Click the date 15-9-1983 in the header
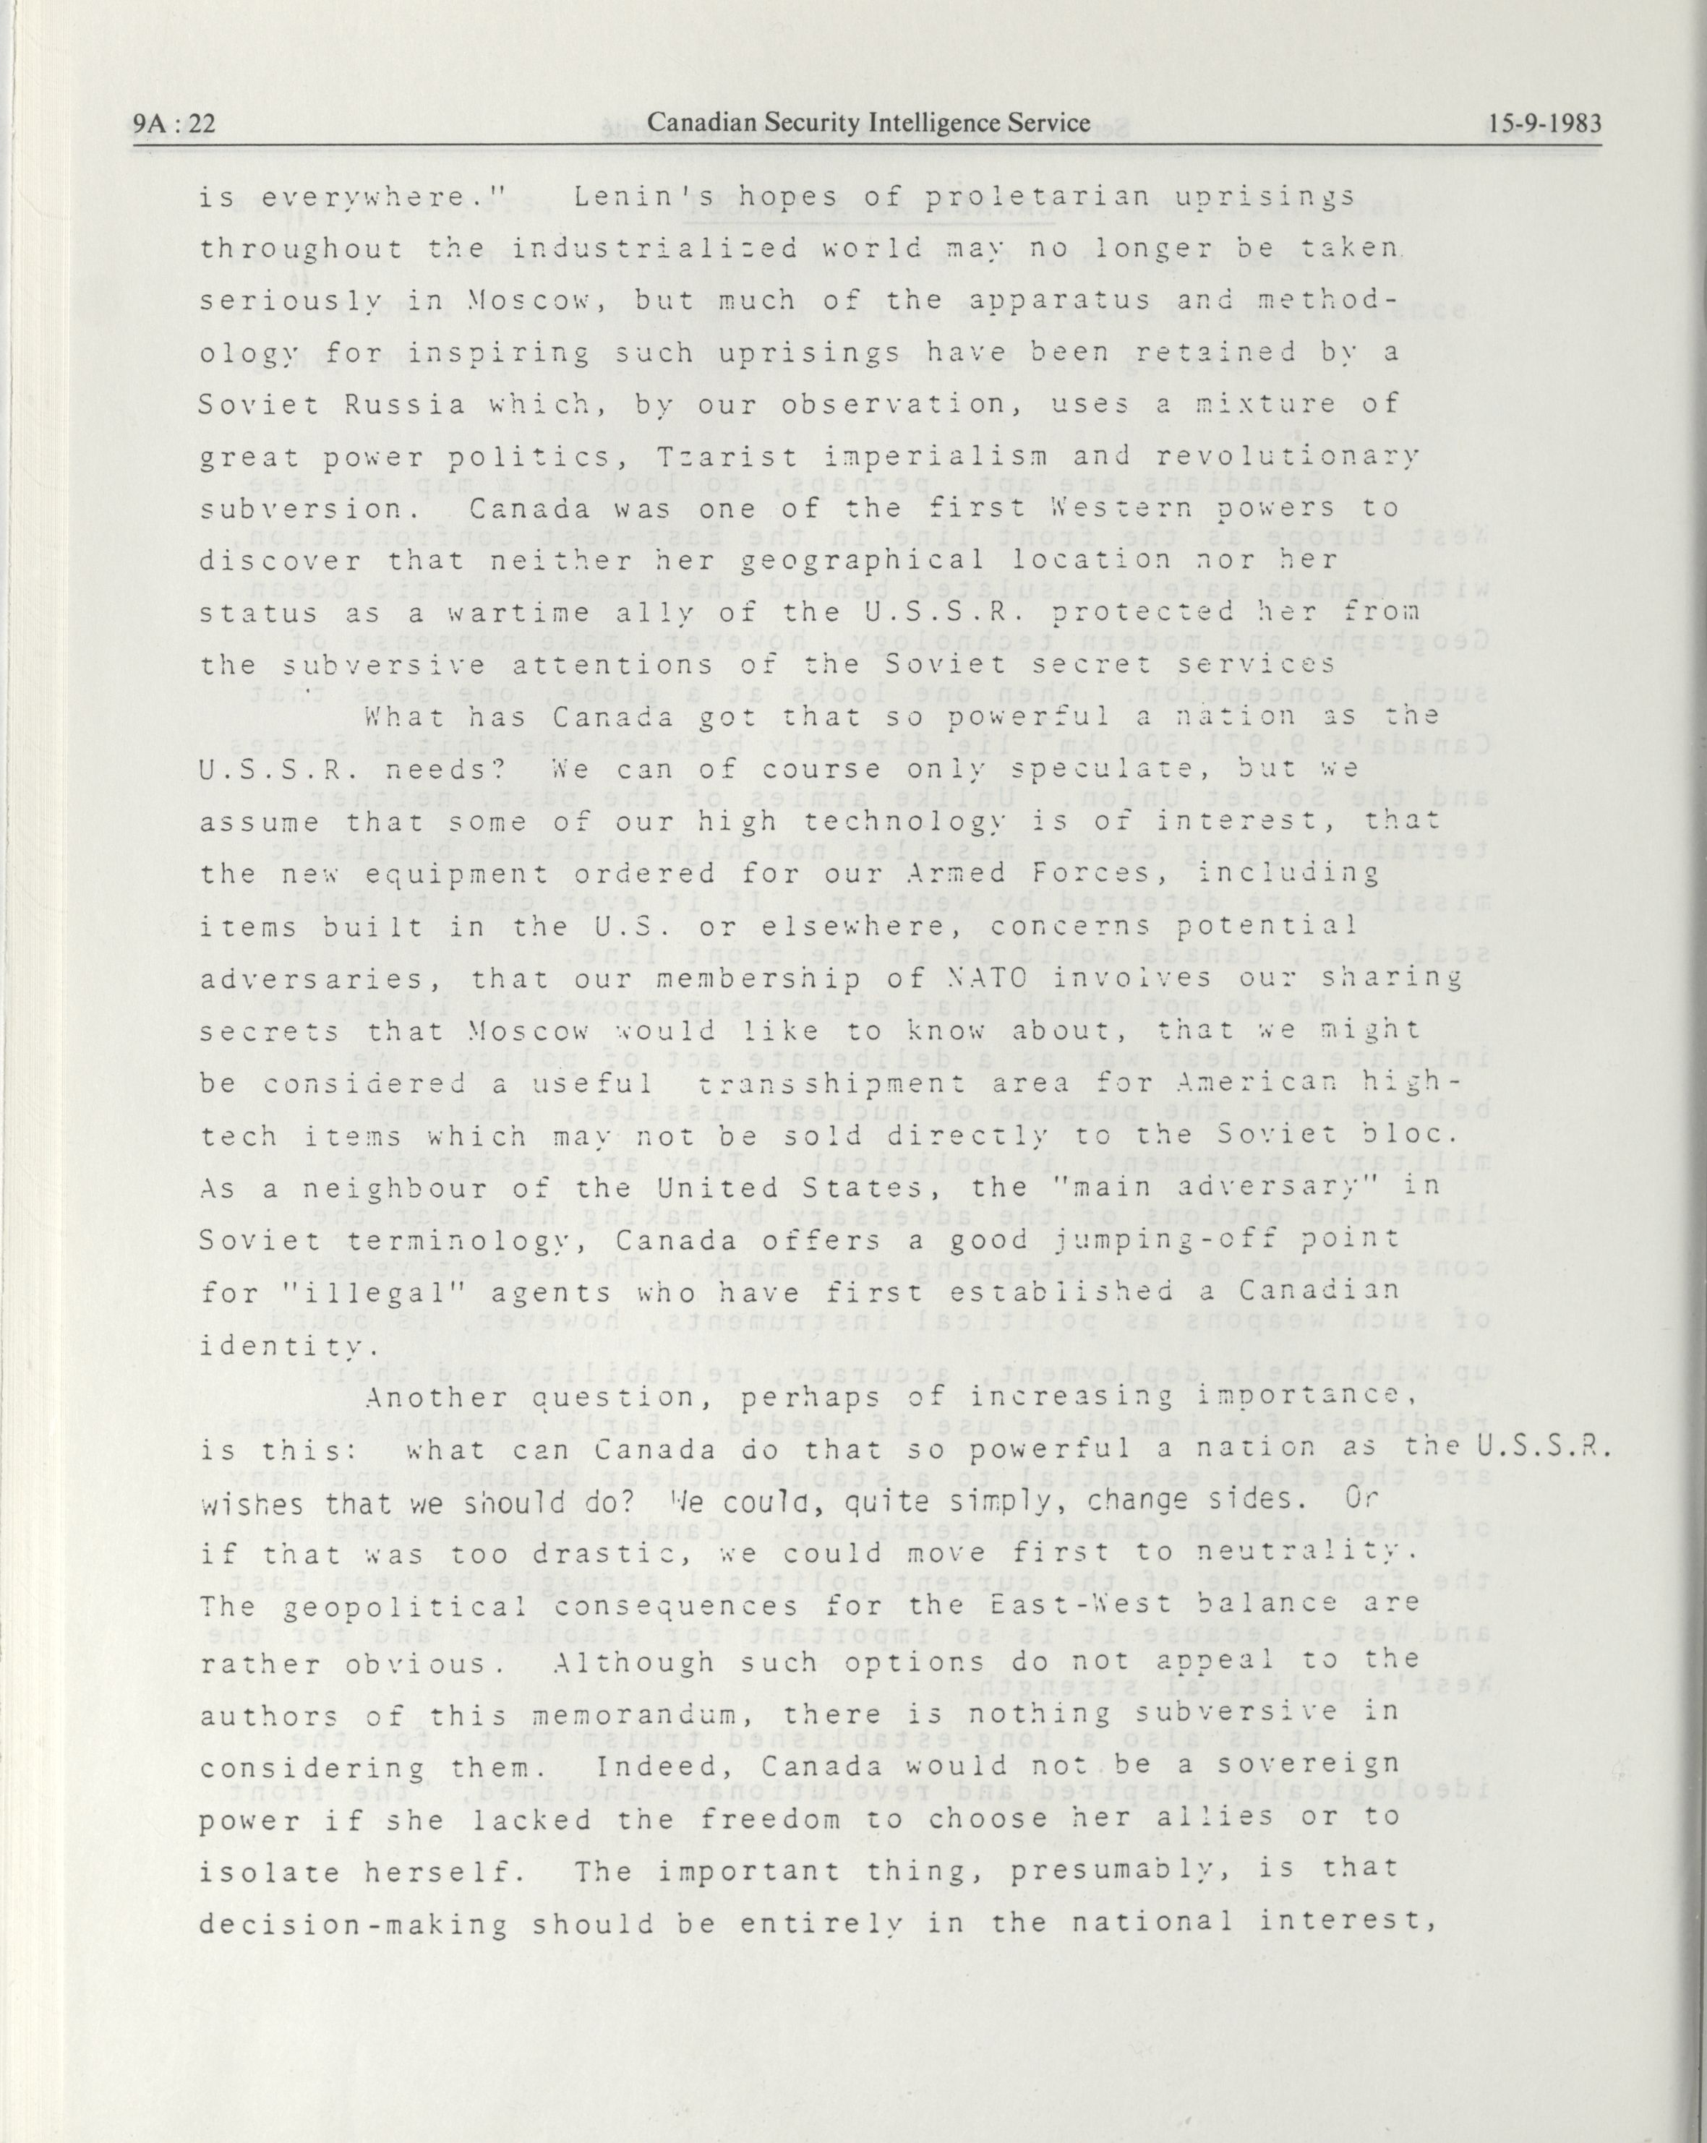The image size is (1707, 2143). pos(1545,124)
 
